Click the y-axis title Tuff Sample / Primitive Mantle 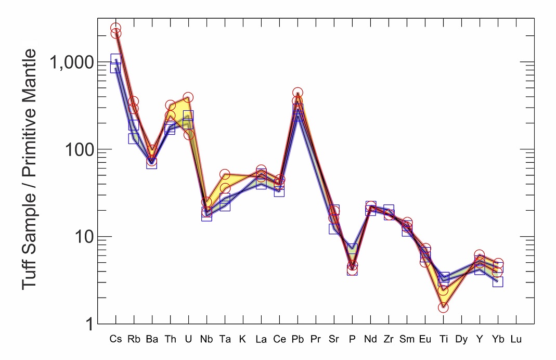[30, 170]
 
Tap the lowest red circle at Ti [443, 307]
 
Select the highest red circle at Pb [298, 93]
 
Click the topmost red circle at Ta [225, 175]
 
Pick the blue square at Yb [498, 282]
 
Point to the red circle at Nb [206, 203]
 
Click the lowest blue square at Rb [134, 138]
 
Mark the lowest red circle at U [188, 135]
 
